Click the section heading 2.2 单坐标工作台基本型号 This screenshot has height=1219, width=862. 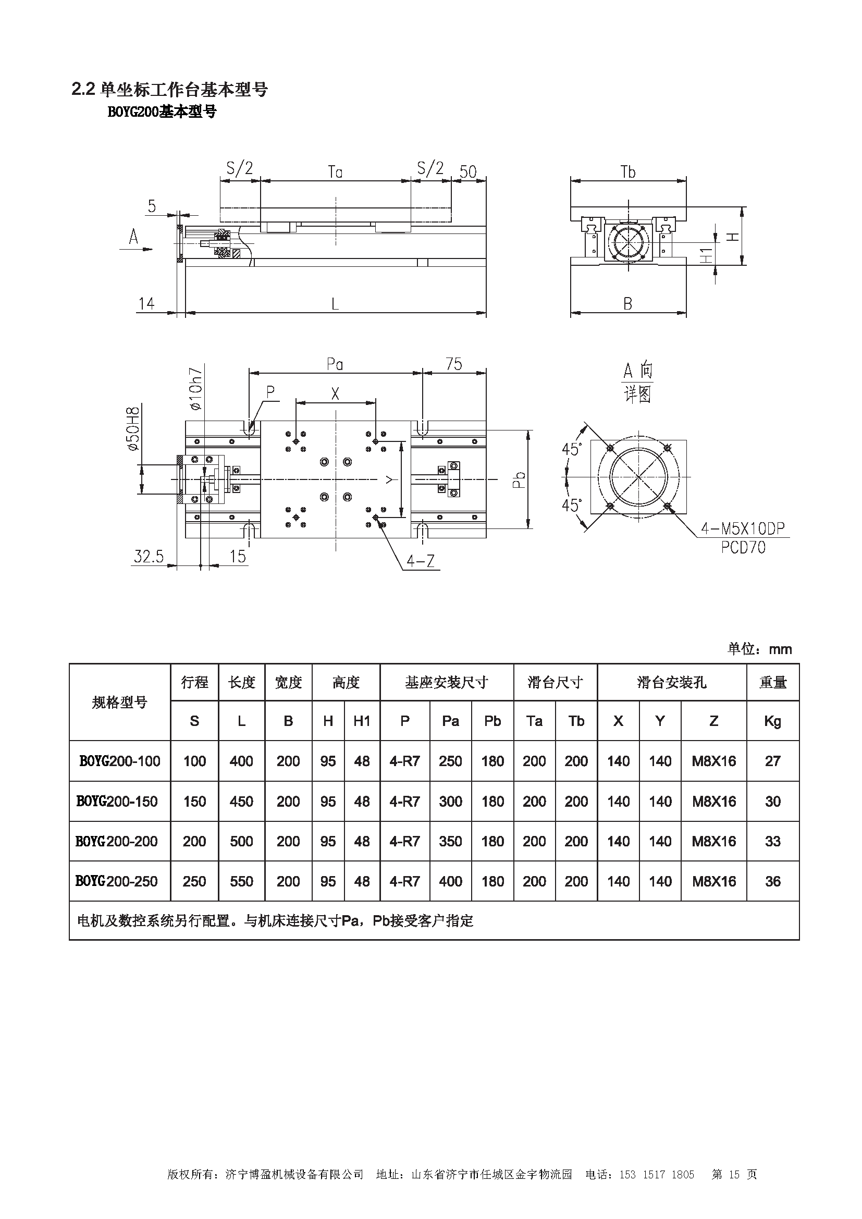pos(170,90)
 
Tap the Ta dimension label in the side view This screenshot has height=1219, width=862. pos(335,172)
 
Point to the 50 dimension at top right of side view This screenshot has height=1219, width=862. pos(467,171)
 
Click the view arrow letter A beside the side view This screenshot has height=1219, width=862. pos(133,237)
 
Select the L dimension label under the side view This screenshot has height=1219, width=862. pos(335,304)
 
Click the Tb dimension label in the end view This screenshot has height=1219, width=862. pos(628,172)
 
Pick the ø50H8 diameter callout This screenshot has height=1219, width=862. pos(133,429)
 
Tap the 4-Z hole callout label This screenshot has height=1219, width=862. pos(421,561)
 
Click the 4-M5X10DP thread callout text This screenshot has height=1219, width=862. pos(743,528)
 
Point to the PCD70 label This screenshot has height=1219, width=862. pos(743,547)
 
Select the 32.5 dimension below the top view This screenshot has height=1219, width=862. pos(149,557)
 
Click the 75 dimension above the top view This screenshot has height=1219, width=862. pos(454,364)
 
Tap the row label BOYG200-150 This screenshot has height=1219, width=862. pos(117,801)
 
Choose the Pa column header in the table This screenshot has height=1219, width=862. pos(450,721)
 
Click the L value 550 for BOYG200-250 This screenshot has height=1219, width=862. pos(241,881)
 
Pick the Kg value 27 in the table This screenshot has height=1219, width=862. pos(772,761)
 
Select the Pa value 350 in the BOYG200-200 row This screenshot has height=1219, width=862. pos(450,842)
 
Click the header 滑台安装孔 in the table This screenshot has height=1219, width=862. pos(671,682)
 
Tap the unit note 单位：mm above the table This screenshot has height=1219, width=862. pos(759,649)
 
